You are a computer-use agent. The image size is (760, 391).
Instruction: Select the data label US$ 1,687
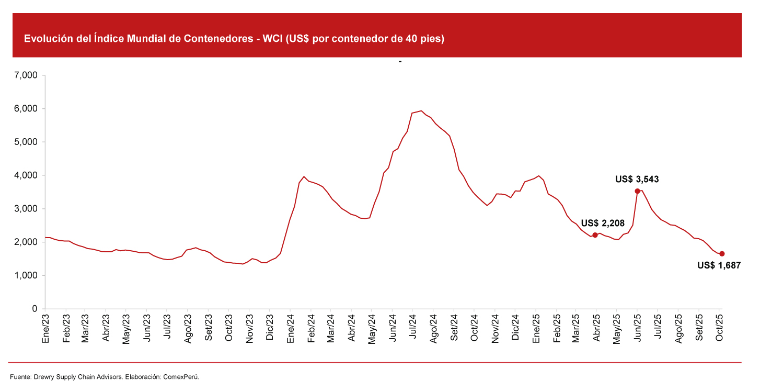click(719, 266)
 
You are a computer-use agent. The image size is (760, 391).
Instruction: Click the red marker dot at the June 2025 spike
click(637, 191)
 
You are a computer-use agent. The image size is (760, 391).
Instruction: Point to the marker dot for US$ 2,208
click(595, 235)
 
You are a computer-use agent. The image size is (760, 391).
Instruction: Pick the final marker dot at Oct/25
click(722, 254)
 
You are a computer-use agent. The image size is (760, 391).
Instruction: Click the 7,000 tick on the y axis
click(27, 75)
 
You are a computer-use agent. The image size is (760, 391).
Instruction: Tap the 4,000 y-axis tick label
click(27, 175)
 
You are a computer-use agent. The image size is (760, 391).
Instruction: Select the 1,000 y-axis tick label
click(27, 275)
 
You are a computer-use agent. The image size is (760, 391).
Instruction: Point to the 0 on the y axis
click(34, 309)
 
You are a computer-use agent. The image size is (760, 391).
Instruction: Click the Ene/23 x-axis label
click(45, 328)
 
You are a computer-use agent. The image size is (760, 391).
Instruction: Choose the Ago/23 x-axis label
click(188, 328)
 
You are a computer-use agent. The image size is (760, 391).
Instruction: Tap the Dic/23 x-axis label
click(270, 328)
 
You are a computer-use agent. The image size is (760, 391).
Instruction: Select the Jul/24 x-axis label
click(412, 328)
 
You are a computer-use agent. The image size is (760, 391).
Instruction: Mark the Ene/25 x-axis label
click(535, 328)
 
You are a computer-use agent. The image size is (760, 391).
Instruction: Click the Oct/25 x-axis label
click(719, 328)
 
